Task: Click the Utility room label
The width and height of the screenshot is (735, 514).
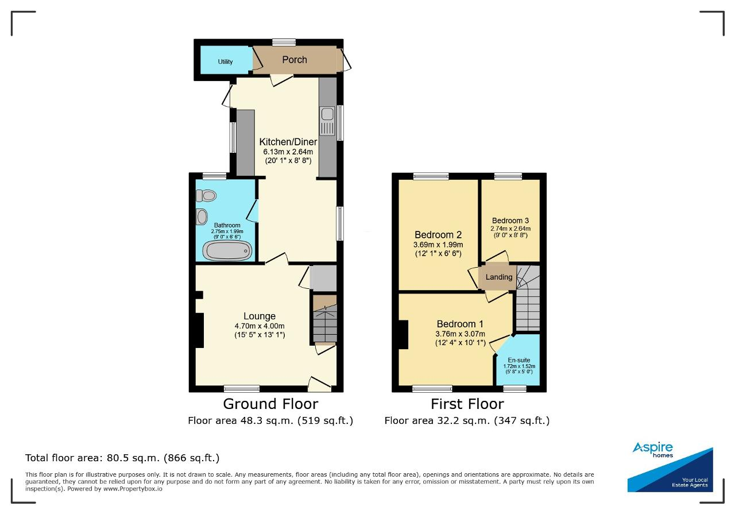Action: coord(225,61)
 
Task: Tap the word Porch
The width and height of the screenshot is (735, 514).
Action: coord(295,60)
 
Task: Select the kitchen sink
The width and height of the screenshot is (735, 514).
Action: coord(327,121)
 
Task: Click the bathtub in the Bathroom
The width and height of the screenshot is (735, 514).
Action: coord(227,250)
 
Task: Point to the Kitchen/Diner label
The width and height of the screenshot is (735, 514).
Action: coord(288,142)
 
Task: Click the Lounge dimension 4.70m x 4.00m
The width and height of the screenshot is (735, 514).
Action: coord(260,326)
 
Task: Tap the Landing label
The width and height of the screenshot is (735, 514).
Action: coord(499,277)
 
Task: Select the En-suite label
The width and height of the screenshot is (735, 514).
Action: coord(519,360)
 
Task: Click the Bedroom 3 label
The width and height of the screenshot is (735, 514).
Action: coord(510,221)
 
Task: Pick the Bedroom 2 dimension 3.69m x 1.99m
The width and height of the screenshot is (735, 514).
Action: coord(438,245)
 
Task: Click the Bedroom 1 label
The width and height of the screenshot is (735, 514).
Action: coord(460,324)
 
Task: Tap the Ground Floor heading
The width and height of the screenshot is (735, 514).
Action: coord(270,404)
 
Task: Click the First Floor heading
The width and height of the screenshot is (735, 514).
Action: coord(467,404)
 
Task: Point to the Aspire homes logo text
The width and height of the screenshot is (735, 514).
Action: coord(653,449)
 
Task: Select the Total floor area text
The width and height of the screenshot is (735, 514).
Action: coord(122,458)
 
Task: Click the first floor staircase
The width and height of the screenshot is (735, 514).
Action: coord(528,298)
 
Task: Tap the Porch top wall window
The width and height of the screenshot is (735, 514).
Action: coord(284,42)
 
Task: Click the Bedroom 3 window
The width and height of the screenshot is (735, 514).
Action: coord(508,176)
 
